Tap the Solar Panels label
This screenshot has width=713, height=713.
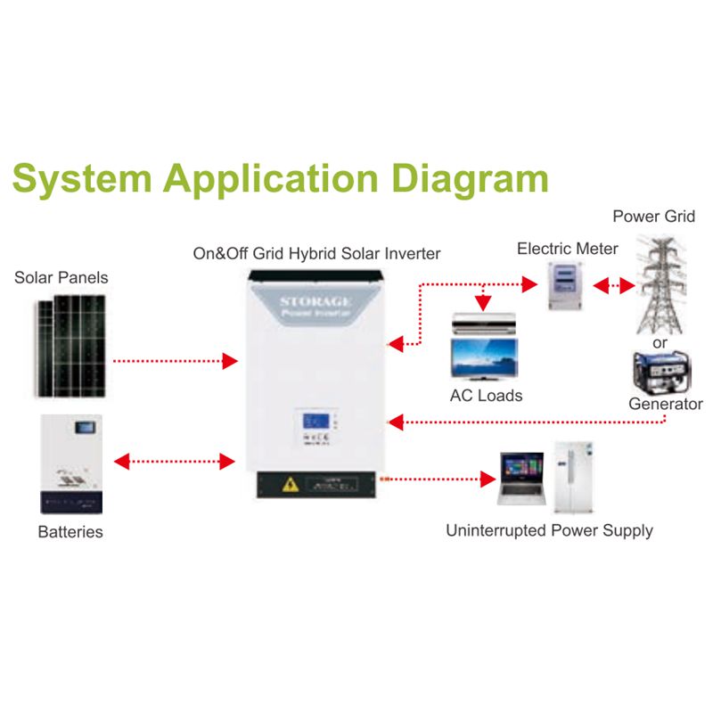[x=61, y=278]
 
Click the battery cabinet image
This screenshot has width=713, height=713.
[x=72, y=463]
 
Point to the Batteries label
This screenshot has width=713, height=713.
[x=70, y=533]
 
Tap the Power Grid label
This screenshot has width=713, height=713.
[x=653, y=217]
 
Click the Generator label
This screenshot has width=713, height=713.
[x=665, y=404]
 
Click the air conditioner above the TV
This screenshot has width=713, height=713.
[x=484, y=323]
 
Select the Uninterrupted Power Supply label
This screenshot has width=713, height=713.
[x=549, y=531]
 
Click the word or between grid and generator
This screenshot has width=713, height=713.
[x=660, y=342]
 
